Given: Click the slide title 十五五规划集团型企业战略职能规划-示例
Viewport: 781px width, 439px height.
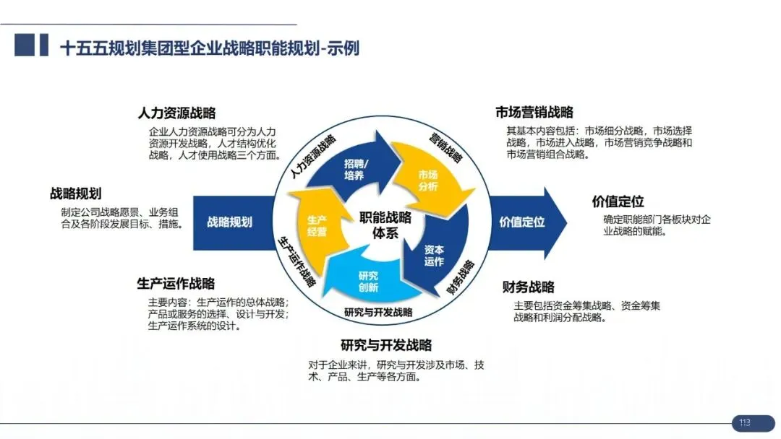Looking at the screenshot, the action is click(210, 48).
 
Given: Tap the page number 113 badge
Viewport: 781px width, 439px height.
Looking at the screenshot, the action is click(744, 422).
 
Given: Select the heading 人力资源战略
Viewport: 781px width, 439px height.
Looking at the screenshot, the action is click(176, 113).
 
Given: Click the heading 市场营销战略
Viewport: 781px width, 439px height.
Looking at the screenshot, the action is click(534, 112).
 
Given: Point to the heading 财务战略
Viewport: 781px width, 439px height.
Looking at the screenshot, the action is click(529, 287).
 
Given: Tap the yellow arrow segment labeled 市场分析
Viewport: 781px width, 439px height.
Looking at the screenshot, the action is click(427, 181).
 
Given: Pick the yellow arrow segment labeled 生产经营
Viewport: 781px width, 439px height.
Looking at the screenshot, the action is click(317, 225).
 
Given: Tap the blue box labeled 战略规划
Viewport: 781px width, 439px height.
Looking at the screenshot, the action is click(229, 222).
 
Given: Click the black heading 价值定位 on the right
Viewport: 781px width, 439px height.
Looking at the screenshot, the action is click(618, 202).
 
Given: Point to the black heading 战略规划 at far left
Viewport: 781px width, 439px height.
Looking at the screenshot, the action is click(75, 194).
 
